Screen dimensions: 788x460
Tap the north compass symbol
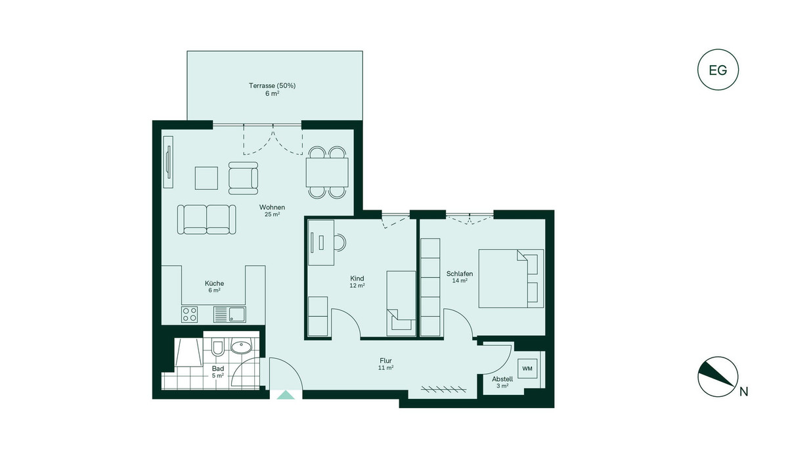[x=718, y=377]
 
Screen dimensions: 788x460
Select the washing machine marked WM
[x=527, y=369]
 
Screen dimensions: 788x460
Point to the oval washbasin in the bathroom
[x=242, y=347]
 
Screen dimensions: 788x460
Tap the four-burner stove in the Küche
[x=189, y=314]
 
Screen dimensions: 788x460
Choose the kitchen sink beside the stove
[x=230, y=314]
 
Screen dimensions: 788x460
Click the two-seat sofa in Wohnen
[x=206, y=219]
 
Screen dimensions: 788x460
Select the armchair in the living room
[x=243, y=178]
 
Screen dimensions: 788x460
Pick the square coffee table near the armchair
[x=206, y=179]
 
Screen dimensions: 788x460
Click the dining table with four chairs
[x=327, y=172]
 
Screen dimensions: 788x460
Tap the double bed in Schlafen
[x=511, y=279]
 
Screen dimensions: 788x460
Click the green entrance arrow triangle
[x=286, y=395]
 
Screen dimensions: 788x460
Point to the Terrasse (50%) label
[x=273, y=85]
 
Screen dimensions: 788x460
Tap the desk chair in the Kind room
[x=340, y=243]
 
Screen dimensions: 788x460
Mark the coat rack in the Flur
[x=444, y=389]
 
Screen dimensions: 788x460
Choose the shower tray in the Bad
[x=188, y=352]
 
